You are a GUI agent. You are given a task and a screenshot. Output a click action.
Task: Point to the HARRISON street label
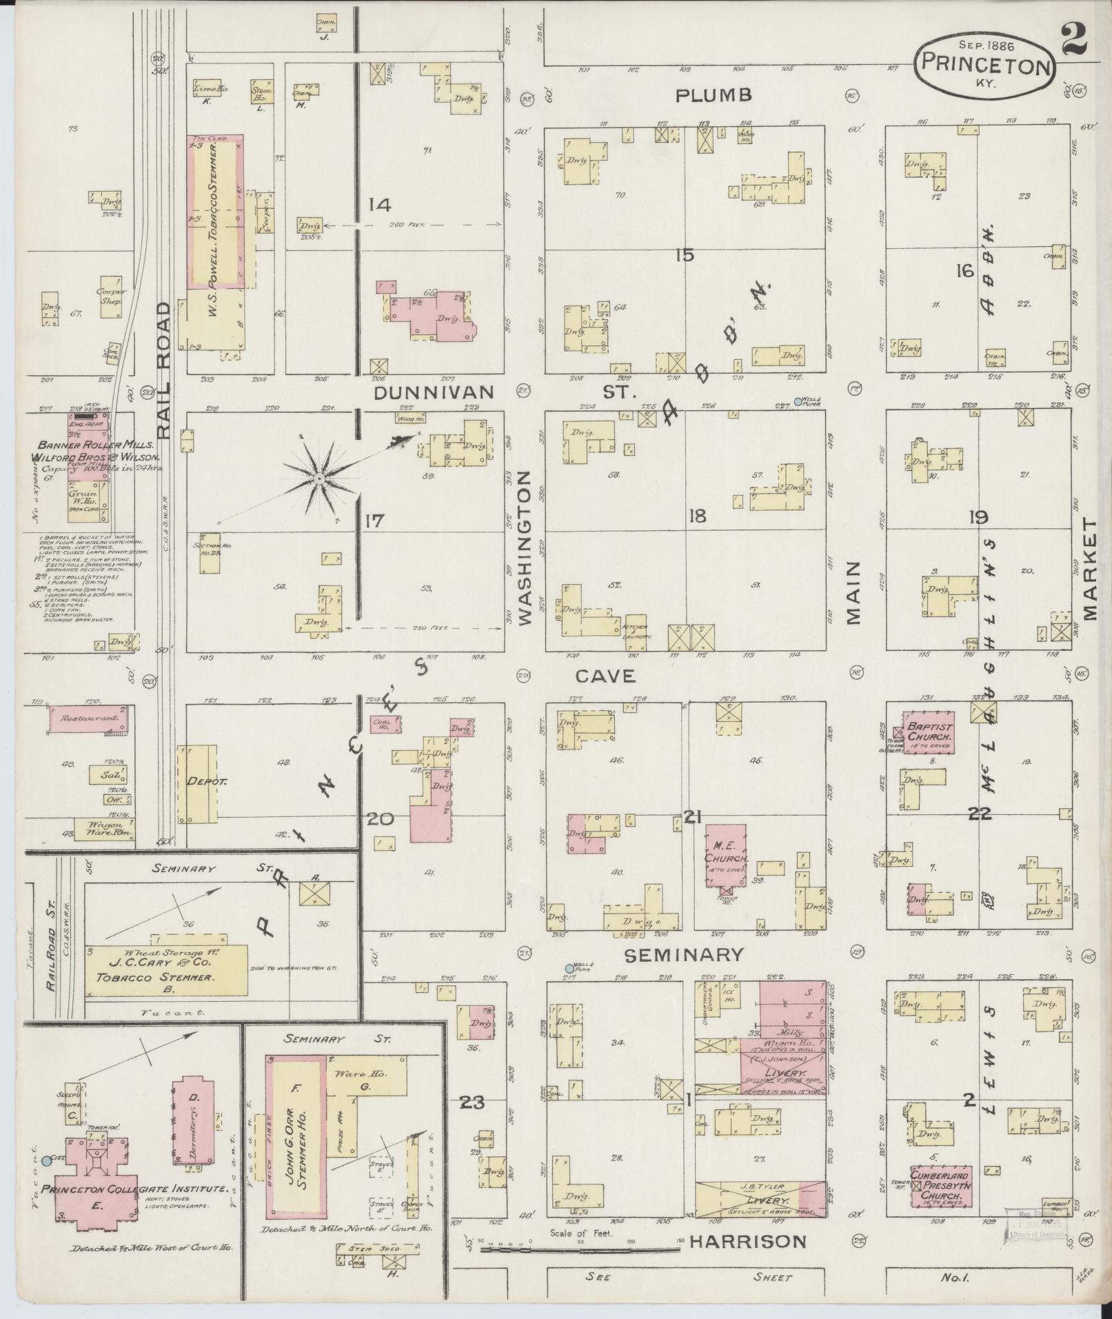pyautogui.click(x=748, y=1241)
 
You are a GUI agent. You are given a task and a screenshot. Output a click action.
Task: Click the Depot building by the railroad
pyautogui.click(x=197, y=783)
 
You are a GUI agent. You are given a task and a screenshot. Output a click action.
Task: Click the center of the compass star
pyautogui.click(x=319, y=478)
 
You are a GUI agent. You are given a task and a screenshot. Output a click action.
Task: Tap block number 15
pyautogui.click(x=684, y=255)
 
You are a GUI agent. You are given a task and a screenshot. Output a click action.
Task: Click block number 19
pyautogui.click(x=978, y=517)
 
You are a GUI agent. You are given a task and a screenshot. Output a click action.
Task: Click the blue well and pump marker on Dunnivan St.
pyautogui.click(x=798, y=401)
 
